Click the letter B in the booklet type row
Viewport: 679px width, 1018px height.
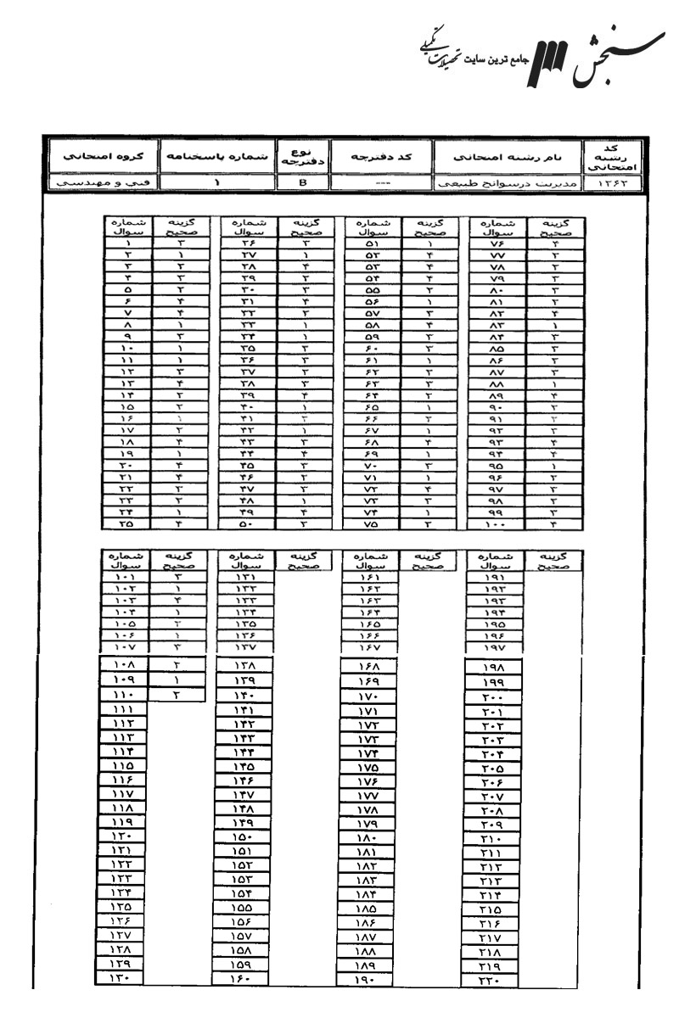click(303, 181)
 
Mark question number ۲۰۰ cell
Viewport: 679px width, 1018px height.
click(495, 698)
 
